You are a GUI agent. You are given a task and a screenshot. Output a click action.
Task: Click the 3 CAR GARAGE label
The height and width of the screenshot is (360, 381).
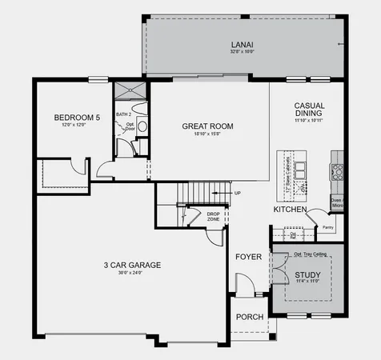[x=133, y=265]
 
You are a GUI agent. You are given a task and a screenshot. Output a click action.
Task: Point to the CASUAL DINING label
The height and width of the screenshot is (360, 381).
[x=308, y=110]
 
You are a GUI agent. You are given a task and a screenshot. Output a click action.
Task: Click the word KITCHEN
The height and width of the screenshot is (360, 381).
[x=290, y=209]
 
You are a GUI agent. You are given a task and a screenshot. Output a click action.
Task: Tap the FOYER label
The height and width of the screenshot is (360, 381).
[x=248, y=257]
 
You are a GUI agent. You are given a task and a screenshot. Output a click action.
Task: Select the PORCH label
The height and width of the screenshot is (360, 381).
[x=249, y=317]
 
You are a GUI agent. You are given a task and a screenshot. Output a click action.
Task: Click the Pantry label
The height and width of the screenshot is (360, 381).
[x=327, y=227]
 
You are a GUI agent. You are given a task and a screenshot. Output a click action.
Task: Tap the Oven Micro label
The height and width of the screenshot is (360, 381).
[x=336, y=203]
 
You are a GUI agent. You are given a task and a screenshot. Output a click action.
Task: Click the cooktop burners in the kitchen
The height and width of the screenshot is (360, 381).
[x=337, y=170]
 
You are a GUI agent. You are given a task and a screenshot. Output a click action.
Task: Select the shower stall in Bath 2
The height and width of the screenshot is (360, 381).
[x=130, y=90]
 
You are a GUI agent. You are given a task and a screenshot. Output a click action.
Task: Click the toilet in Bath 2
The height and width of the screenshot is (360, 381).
[x=142, y=126]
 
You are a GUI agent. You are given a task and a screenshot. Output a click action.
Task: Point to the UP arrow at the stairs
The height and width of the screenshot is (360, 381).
[x=237, y=193]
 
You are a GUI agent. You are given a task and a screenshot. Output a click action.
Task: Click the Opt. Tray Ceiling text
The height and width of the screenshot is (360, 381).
[x=308, y=254]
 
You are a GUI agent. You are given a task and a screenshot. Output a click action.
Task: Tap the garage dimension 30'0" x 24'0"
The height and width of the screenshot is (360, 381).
[x=133, y=274]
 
